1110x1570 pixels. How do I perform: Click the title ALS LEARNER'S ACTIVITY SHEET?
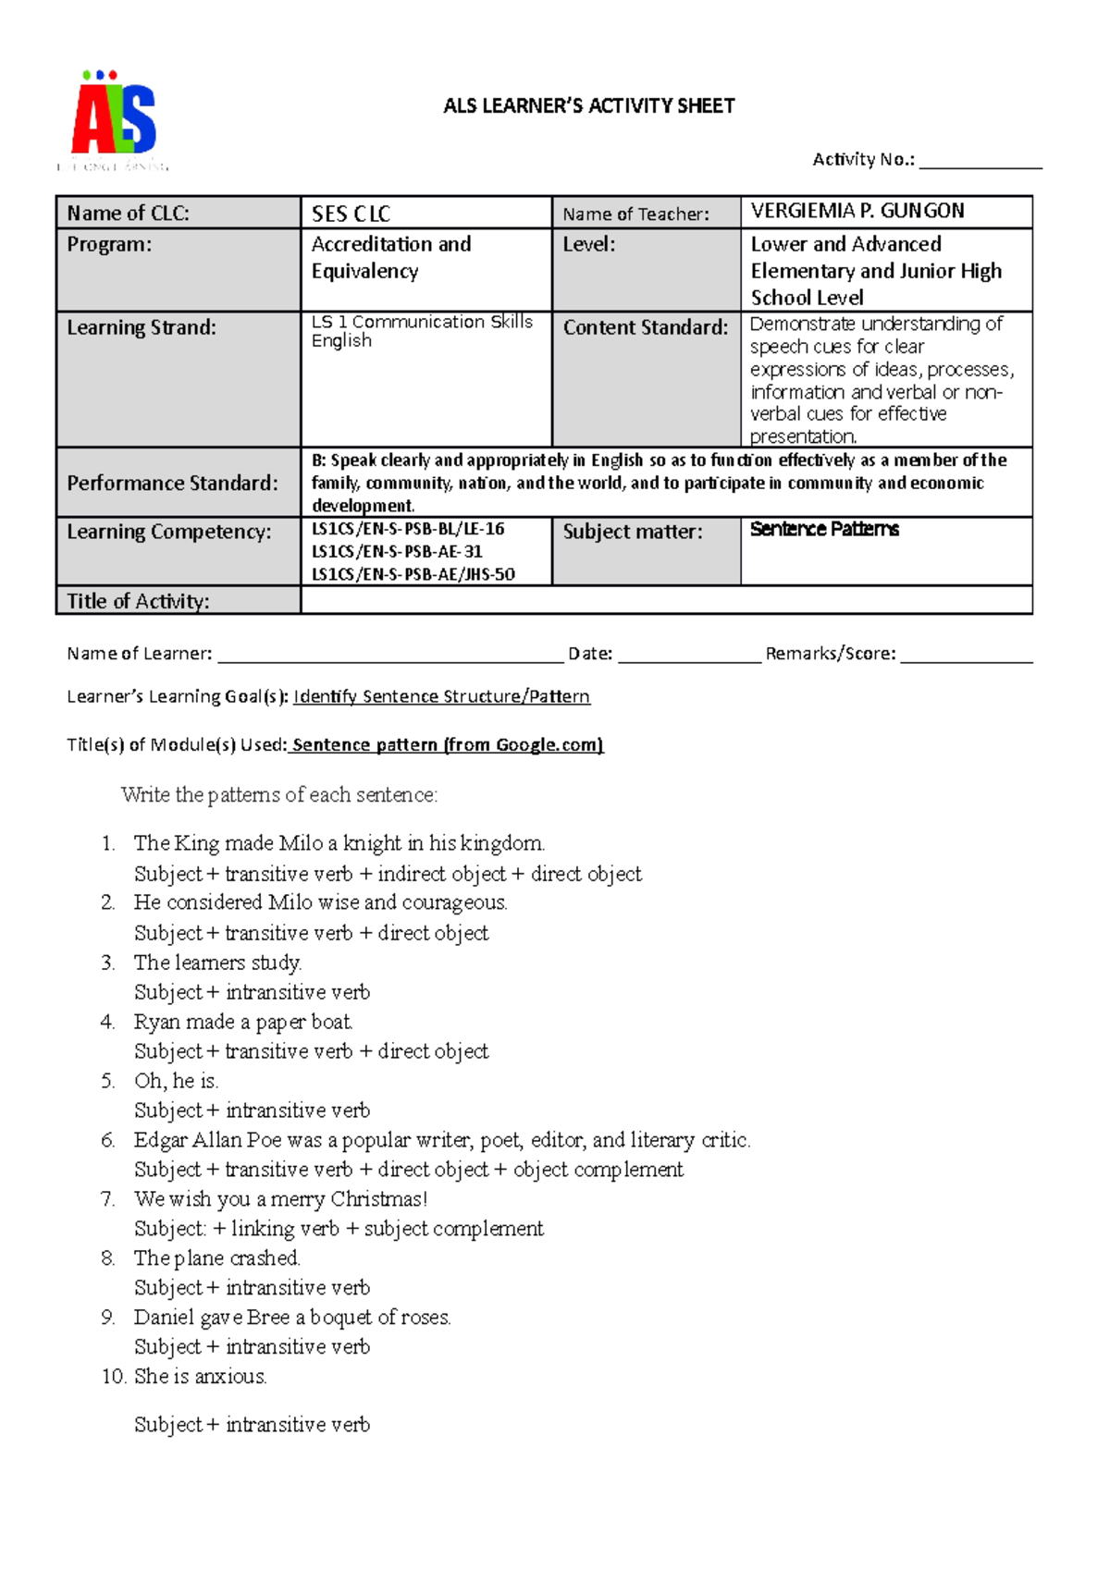(588, 106)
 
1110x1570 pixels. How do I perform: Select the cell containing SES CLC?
(425, 214)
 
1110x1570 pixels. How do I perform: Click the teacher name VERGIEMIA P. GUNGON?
(857, 212)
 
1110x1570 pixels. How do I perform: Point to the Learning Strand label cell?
(178, 379)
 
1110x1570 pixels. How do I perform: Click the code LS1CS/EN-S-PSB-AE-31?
(397, 552)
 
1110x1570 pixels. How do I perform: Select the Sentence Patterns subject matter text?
(823, 530)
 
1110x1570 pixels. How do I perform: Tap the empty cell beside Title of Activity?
(666, 601)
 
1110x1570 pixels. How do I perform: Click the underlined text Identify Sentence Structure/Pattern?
(441, 696)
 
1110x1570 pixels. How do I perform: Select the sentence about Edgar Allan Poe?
(441, 1140)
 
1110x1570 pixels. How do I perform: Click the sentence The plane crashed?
(216, 1258)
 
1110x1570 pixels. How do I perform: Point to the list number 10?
(113, 1377)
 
